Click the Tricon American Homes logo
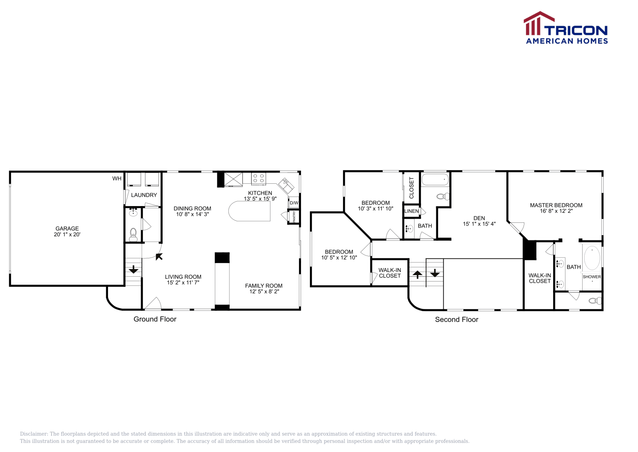[566, 28]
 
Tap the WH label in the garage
[117, 178]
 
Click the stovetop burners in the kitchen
[259, 178]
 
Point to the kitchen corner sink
[286, 186]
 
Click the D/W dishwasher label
[294, 203]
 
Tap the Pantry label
[294, 217]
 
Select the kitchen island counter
[249, 211]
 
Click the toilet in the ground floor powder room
[133, 235]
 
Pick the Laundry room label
[144, 195]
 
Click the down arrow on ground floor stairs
[133, 270]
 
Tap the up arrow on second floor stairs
[417, 275]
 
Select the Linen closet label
[411, 211]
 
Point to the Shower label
[592, 277]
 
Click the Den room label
[479, 218]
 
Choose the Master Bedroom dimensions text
[556, 211]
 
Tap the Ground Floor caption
[155, 319]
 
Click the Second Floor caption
[457, 319]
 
